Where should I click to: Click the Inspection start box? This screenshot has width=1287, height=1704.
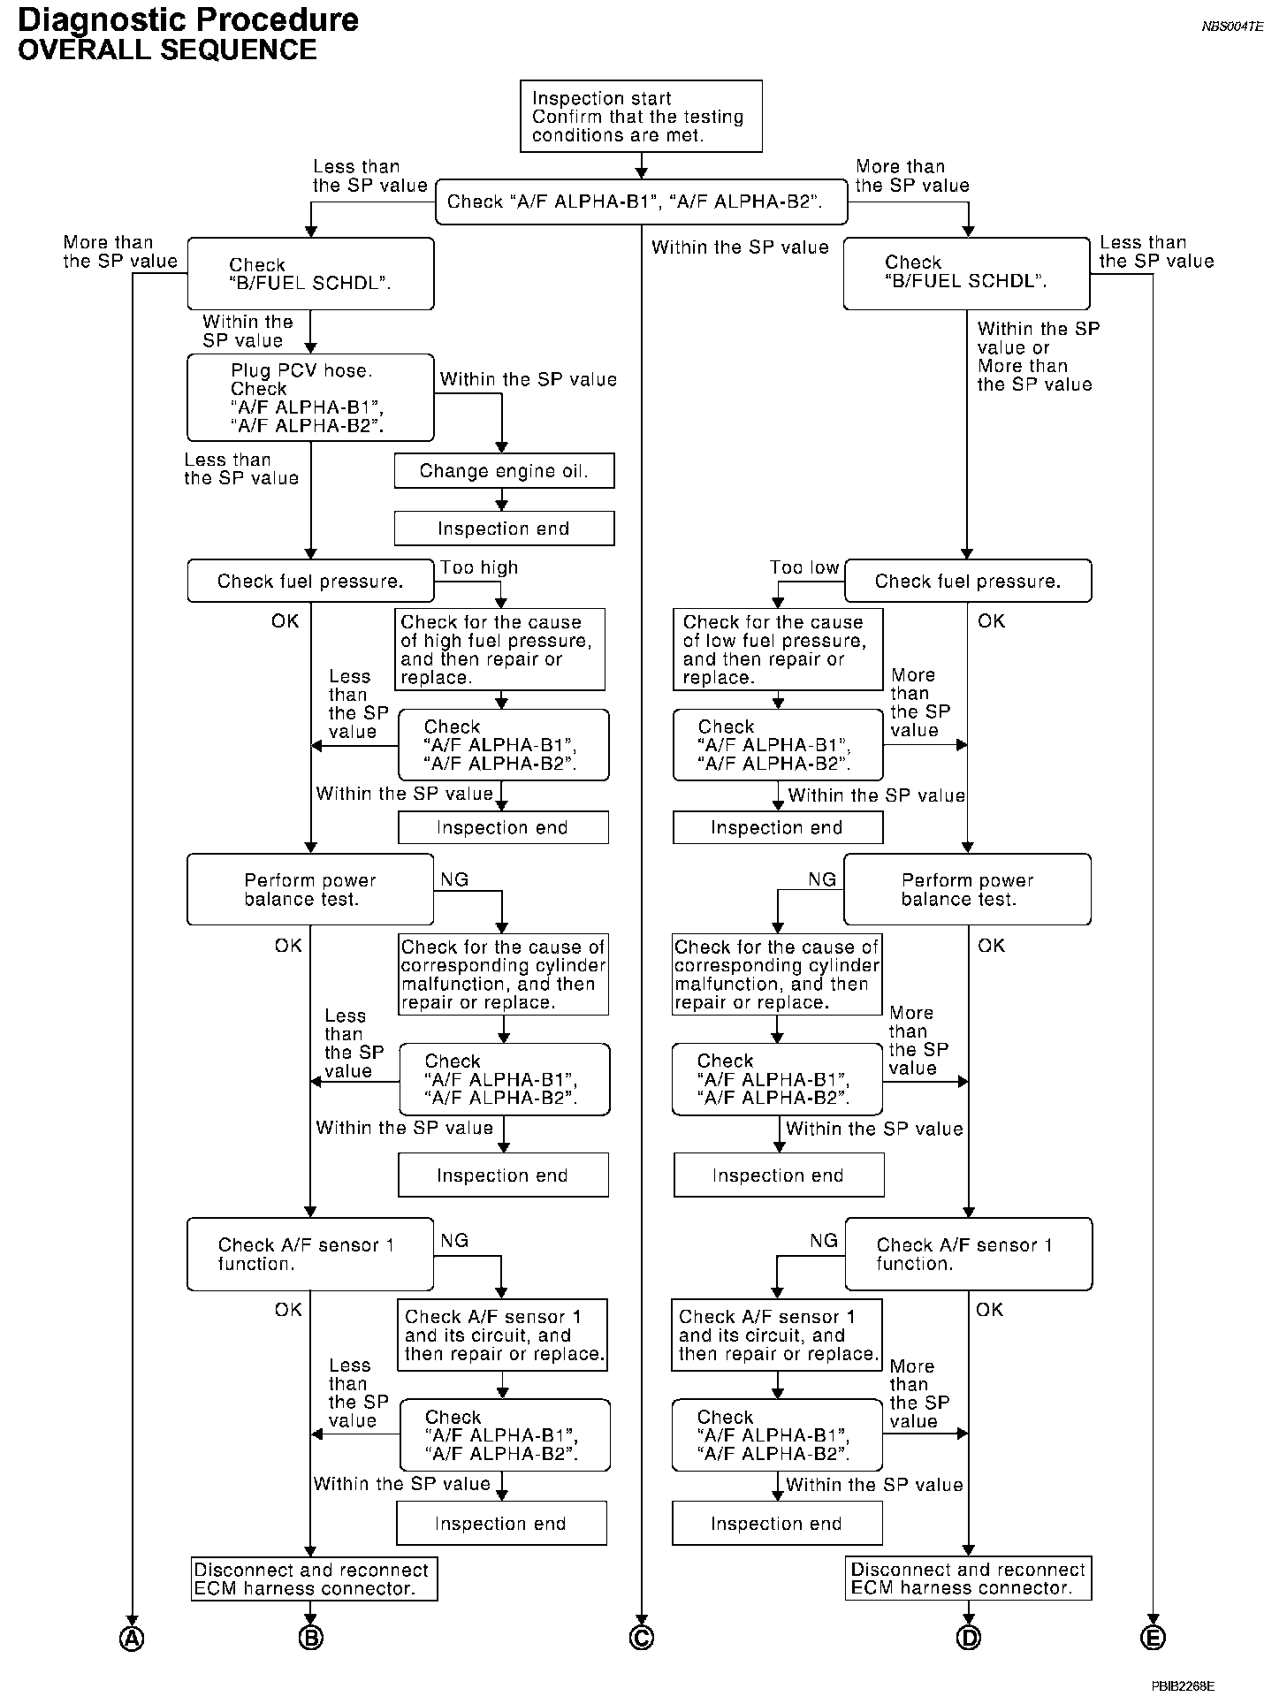click(x=641, y=116)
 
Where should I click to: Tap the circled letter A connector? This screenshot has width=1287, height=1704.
click(x=132, y=1639)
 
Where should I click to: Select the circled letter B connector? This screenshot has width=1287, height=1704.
click(x=310, y=1639)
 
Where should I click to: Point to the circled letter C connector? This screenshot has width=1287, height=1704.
click(x=642, y=1639)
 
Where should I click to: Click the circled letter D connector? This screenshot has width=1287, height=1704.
click(x=969, y=1639)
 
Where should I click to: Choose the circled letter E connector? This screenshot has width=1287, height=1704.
click(x=1153, y=1639)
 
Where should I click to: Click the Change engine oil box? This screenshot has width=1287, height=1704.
click(x=504, y=471)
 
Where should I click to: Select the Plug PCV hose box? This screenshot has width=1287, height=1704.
click(x=310, y=398)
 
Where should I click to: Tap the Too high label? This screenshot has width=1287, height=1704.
click(x=479, y=567)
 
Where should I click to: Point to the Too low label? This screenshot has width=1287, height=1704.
click(x=803, y=567)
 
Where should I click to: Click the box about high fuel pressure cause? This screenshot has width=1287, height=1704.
click(x=501, y=650)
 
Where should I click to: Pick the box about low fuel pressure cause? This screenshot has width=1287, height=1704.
click(x=778, y=650)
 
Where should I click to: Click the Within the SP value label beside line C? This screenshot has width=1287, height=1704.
click(x=740, y=247)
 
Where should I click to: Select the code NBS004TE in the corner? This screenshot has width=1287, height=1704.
click(x=1232, y=27)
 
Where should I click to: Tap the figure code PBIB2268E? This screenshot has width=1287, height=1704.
click(x=1183, y=1685)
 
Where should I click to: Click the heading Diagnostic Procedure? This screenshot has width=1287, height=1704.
click(x=188, y=19)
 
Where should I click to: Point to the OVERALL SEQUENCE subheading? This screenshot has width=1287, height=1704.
click(x=167, y=49)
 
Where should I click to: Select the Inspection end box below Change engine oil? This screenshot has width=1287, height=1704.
click(x=504, y=529)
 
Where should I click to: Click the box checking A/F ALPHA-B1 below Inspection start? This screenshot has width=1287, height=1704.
click(x=641, y=202)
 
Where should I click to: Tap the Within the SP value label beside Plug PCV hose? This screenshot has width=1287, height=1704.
click(x=528, y=379)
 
